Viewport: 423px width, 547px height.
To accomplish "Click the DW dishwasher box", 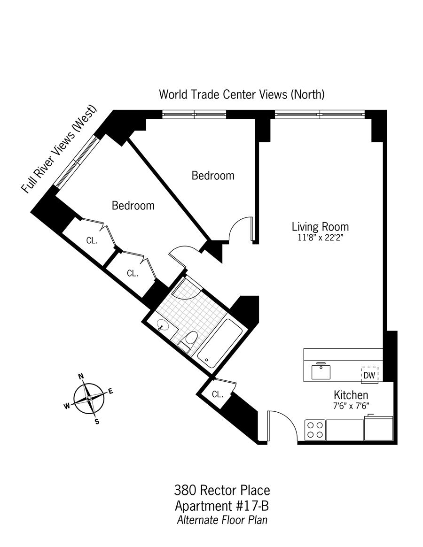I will (x=369, y=375).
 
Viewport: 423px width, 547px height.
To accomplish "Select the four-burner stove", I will (x=315, y=430).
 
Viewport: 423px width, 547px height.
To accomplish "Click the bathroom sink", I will (x=163, y=325).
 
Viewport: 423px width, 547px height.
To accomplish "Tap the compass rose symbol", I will (x=89, y=398).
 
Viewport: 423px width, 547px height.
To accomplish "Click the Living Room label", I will (x=320, y=227).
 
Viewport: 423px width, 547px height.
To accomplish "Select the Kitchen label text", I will (x=351, y=395).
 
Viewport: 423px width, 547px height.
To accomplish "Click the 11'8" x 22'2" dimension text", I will (x=320, y=238).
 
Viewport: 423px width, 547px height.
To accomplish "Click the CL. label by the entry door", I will (x=217, y=394).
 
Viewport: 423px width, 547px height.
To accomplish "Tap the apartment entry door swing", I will (x=282, y=425).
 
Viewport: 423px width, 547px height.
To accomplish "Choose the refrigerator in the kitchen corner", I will (x=378, y=428).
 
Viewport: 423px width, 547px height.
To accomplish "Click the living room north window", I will (x=320, y=114).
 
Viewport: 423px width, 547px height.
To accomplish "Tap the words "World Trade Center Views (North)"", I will (x=242, y=94).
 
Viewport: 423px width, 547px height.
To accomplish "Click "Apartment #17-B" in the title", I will (x=222, y=506).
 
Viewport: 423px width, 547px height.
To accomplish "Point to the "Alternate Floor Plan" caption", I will (x=222, y=520).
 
